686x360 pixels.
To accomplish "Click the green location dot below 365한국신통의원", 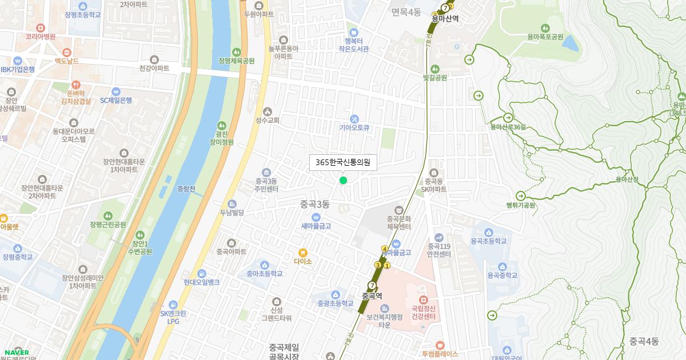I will click(x=343, y=181).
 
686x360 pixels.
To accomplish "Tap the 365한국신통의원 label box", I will click(x=342, y=162).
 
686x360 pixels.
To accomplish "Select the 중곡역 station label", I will click(x=372, y=295).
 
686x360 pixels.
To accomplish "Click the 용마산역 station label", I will click(x=445, y=18).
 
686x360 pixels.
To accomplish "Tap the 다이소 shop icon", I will click(x=303, y=252).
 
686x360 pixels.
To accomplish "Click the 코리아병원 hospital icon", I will click(x=40, y=27).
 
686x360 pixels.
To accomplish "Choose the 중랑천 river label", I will click(x=186, y=189).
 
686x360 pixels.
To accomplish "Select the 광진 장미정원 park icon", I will click(x=221, y=125).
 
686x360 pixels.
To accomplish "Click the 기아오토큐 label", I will click(x=354, y=129).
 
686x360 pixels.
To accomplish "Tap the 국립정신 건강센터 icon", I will click(x=423, y=299).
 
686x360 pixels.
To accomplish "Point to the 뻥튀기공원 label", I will click(x=520, y=205).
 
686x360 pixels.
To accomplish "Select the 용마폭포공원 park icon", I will click(x=545, y=27).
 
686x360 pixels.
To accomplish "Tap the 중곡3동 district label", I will click(x=315, y=204).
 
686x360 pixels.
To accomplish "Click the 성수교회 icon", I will click(x=267, y=111).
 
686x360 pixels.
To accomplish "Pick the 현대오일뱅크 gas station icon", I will click(x=201, y=274).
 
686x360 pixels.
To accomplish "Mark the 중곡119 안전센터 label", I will click(x=439, y=250).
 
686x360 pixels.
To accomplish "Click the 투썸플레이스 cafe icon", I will click(x=440, y=345).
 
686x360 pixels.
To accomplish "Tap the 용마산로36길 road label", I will click(x=507, y=127).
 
